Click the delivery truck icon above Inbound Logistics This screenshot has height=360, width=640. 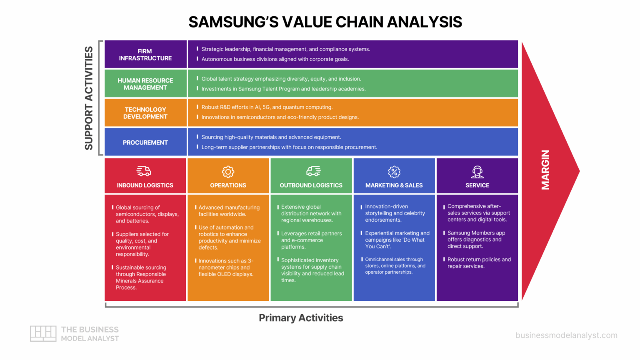[144, 171]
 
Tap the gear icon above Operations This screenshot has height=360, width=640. [228, 172]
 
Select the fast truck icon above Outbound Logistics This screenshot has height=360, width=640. [313, 171]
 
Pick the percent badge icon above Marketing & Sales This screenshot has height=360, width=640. [394, 172]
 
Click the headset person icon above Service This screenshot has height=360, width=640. [477, 172]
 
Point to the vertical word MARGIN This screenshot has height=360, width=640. [545, 170]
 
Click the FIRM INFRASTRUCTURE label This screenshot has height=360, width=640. [145, 55]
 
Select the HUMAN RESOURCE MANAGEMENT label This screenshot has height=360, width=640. [145, 84]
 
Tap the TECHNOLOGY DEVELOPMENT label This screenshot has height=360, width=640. [145, 113]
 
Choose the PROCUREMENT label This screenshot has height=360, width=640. [145, 142]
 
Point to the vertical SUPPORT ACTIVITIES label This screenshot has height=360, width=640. [89, 98]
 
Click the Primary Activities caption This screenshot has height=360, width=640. [301, 318]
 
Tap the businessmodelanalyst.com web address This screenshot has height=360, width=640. [566, 335]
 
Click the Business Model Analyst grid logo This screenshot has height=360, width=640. [43, 333]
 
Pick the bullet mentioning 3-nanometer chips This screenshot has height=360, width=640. [225, 267]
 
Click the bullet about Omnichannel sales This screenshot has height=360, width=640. [395, 266]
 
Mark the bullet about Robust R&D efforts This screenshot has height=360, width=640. [267, 107]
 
